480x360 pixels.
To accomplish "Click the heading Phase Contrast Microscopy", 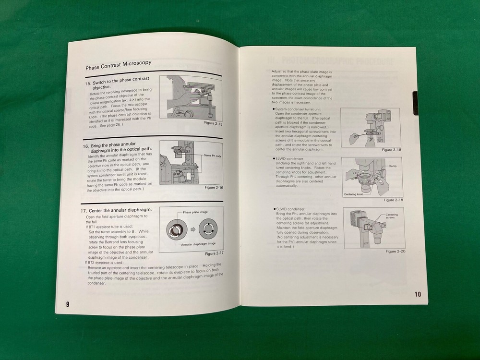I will (x=119, y=64).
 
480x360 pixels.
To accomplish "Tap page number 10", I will (x=417, y=294).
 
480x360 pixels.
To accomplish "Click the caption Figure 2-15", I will (x=213, y=123).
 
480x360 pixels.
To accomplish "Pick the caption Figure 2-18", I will (x=392, y=150).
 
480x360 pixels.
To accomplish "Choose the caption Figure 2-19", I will (x=392, y=200).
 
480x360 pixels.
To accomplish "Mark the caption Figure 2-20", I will (x=395, y=251).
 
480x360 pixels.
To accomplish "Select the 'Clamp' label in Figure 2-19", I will (x=393, y=166).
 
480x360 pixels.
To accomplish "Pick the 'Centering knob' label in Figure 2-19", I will (x=354, y=194).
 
